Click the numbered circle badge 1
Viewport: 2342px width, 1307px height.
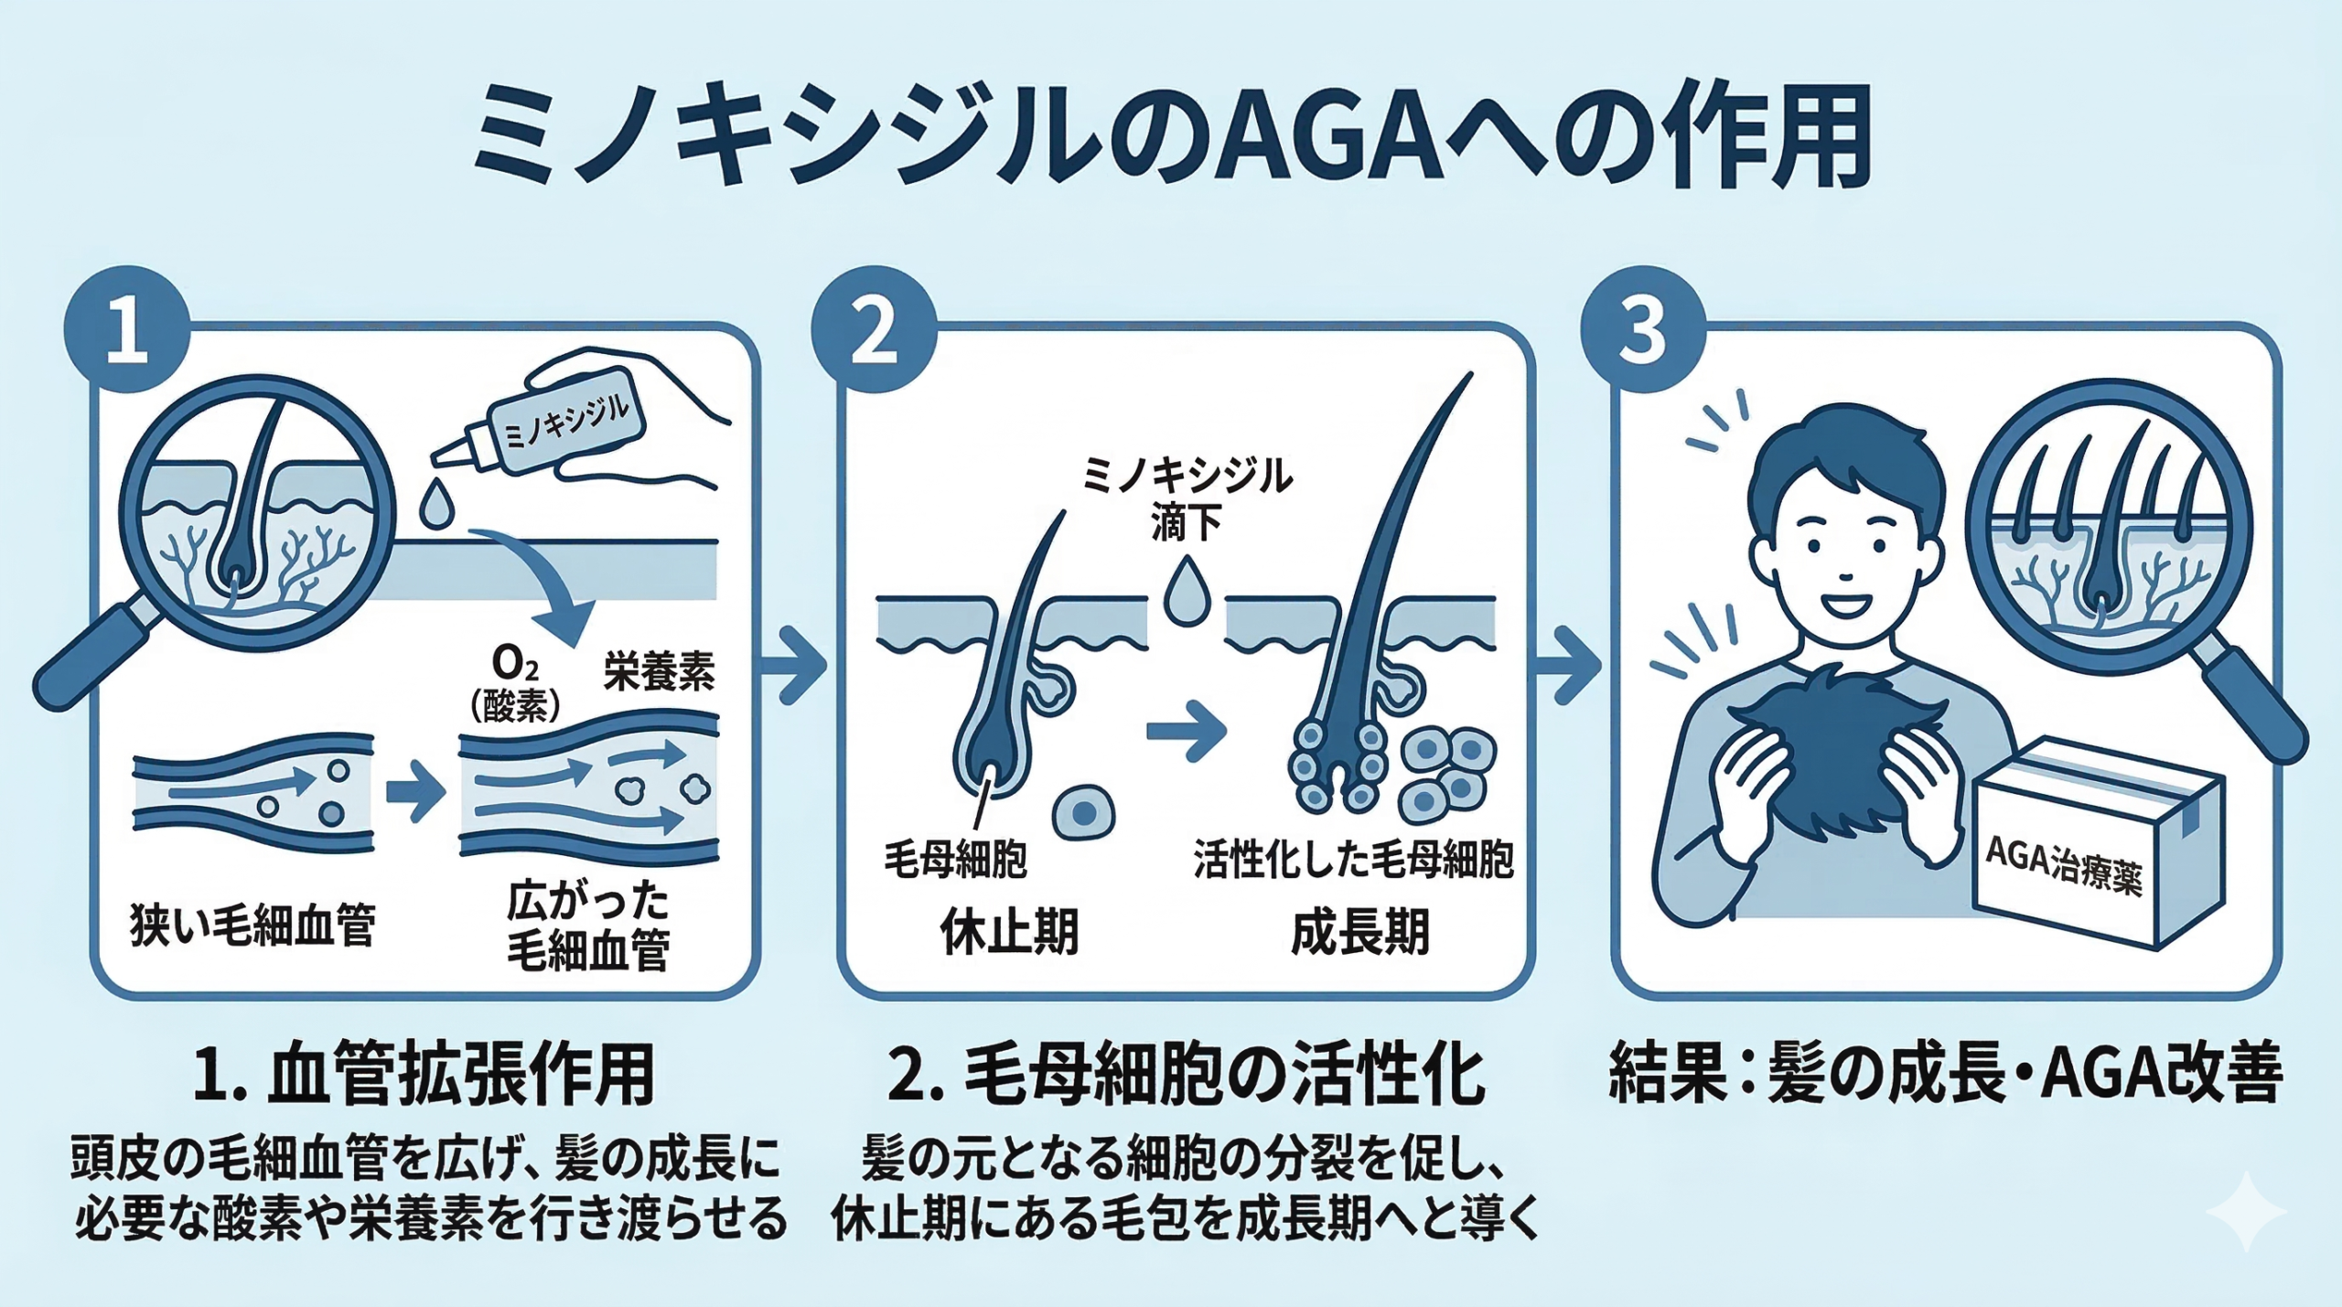[126, 331]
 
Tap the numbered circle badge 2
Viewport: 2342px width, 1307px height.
[874, 331]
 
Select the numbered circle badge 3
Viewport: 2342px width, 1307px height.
[1643, 331]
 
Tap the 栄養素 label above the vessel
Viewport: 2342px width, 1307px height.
[659, 673]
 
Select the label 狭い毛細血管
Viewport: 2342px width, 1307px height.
[252, 925]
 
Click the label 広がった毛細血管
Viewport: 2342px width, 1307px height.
[588, 925]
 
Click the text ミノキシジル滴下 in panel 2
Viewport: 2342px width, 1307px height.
[1187, 499]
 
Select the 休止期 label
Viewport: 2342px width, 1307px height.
[1009, 932]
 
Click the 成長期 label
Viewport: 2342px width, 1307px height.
[1359, 932]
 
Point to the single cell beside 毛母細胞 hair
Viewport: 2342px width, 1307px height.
[1083, 812]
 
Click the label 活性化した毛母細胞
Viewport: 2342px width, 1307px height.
[1353, 860]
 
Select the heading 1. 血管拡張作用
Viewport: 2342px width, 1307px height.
[424, 1077]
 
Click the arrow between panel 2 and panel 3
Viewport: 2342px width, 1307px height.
[1568, 666]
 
